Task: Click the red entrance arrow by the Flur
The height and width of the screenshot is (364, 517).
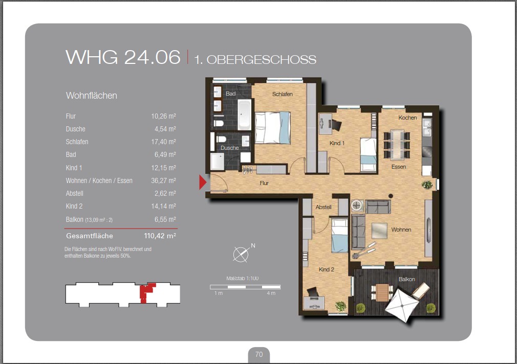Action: (202, 182)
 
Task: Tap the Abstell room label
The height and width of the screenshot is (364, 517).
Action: (324, 207)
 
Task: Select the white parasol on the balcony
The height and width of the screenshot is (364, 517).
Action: (402, 306)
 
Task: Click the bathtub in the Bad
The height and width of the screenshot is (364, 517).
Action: (244, 115)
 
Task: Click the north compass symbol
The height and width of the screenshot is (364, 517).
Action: (242, 254)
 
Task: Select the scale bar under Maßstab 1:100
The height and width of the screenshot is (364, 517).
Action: (245, 287)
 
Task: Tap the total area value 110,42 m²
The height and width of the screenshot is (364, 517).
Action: (160, 236)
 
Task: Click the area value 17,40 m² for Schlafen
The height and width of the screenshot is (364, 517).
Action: (163, 142)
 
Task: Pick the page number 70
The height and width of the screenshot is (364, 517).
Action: (259, 354)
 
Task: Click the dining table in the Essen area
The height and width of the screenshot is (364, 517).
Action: (397, 144)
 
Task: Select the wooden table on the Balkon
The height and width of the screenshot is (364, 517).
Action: (382, 292)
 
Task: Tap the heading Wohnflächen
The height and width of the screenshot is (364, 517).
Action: (91, 96)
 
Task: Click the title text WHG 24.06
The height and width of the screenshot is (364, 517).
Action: (123, 57)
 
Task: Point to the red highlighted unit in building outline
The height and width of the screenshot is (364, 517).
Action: (146, 292)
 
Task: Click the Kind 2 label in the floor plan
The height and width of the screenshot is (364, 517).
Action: (327, 269)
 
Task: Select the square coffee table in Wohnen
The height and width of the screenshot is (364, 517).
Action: (379, 231)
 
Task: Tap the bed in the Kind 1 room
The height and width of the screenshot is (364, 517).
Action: (368, 154)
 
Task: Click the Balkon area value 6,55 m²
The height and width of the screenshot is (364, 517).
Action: (165, 219)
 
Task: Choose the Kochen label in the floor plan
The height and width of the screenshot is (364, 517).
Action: (407, 118)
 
